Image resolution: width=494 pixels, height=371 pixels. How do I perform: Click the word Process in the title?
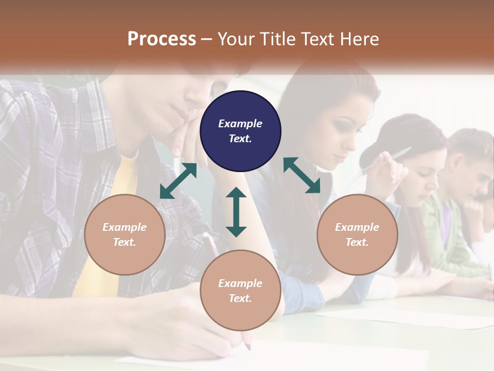point(162,39)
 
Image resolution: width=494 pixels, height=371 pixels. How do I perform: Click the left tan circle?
point(125,234)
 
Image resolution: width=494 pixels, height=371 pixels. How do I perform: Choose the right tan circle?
point(357,234)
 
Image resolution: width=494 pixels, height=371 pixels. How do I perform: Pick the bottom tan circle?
point(240,290)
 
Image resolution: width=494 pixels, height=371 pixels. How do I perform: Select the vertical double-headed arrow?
point(236,212)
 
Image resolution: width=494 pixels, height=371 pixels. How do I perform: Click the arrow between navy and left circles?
point(178,181)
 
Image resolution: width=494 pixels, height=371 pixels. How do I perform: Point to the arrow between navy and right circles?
point(302,175)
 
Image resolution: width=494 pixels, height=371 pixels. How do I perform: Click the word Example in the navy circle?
point(240,124)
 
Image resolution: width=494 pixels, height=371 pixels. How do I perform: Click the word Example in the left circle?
point(125,227)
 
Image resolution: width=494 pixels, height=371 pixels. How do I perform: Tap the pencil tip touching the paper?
point(249,346)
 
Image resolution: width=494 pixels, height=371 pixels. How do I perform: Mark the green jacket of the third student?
point(443,232)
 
